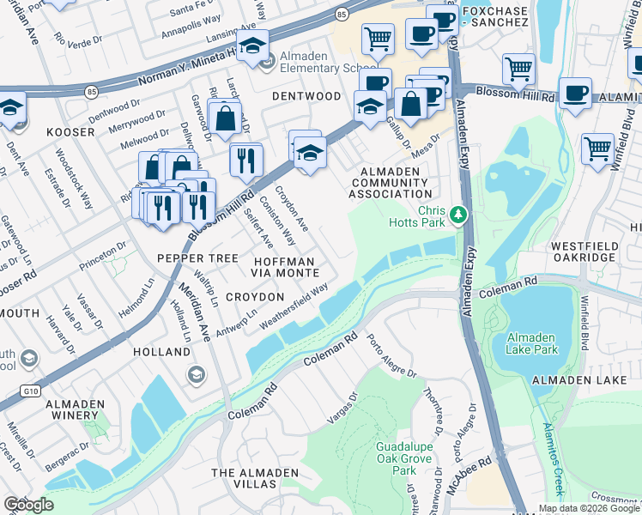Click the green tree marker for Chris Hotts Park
pos(459,214)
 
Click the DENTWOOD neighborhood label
pos(306,97)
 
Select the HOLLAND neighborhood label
pos(161,353)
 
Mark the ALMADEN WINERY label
pos(76,409)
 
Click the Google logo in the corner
pos(28,504)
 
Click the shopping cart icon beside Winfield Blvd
pos(597,148)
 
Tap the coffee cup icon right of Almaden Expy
pos(575,93)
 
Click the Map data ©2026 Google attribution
pos(588,508)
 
